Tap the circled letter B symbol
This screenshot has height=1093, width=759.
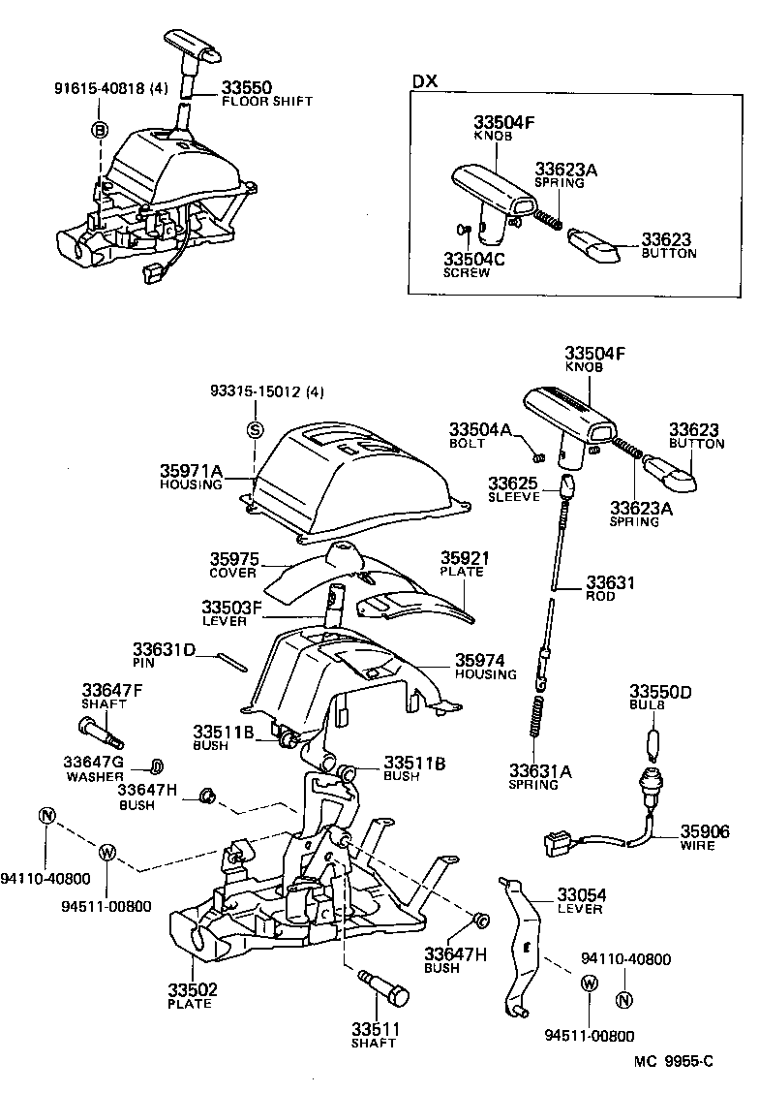coord(100,130)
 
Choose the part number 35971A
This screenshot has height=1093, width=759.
coord(192,471)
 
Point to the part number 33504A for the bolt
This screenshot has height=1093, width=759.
coord(480,429)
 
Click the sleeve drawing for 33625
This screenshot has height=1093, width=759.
coord(569,483)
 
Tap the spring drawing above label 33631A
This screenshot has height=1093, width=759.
coord(534,725)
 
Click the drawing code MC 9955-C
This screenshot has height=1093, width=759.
coord(674,1061)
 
